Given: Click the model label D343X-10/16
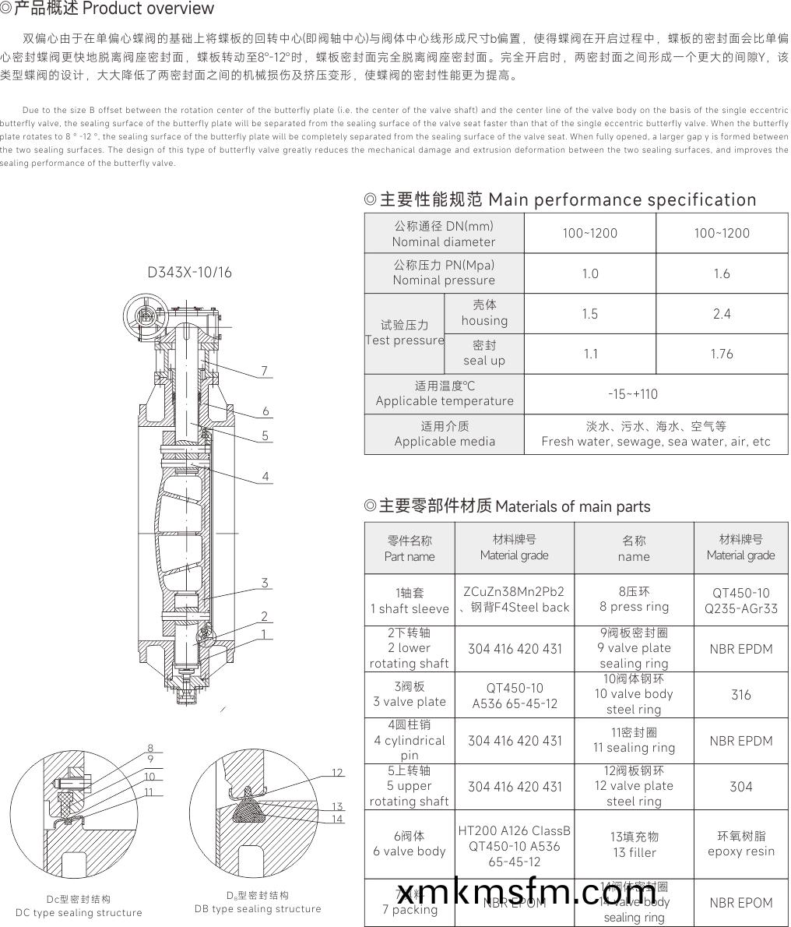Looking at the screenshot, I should click(x=189, y=273).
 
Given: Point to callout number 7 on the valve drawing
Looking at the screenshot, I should click(x=265, y=371).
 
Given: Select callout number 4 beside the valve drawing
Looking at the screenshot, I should click(x=265, y=476).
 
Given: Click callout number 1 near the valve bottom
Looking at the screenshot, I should click(x=265, y=634).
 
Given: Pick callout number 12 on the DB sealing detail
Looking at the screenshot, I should click(x=337, y=773).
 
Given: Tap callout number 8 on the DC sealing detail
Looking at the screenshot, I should click(x=149, y=749).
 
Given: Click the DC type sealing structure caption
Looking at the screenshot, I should click(x=79, y=912).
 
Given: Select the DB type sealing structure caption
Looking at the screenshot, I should click(x=258, y=908).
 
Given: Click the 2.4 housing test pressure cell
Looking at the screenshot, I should click(x=722, y=314).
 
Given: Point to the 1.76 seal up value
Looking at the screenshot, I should click(x=722, y=354).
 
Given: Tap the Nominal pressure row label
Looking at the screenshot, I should click(x=444, y=273).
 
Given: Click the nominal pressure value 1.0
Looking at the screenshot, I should click(x=590, y=273).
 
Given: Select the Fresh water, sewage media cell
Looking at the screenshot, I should click(x=656, y=434).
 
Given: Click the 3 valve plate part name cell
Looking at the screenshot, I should click(x=410, y=694).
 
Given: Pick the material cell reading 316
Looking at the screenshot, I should click(x=740, y=694).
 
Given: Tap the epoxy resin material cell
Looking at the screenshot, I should click(x=740, y=844).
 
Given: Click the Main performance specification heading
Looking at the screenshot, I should click(x=561, y=199).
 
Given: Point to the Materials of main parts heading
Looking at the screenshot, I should click(x=508, y=506).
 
